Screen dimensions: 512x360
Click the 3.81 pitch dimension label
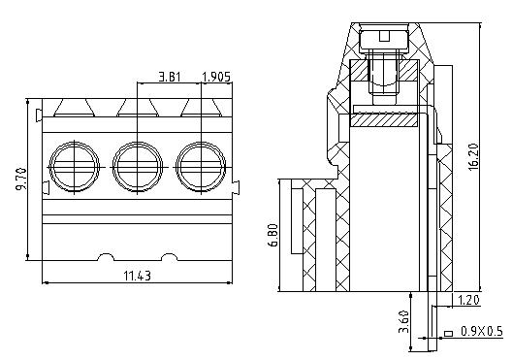pos(170,77)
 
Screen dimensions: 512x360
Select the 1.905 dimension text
pos(216,77)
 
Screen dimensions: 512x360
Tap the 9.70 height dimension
pos(21,179)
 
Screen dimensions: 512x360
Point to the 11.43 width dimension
pos(138,276)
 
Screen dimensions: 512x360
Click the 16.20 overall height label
pos(473,156)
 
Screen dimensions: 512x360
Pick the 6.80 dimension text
pos(273,235)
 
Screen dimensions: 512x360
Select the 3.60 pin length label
pos(404,321)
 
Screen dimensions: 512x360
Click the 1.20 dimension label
pos(468,300)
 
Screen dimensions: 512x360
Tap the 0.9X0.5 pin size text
pos(482,332)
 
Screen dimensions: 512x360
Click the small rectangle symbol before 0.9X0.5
pos(448,334)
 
